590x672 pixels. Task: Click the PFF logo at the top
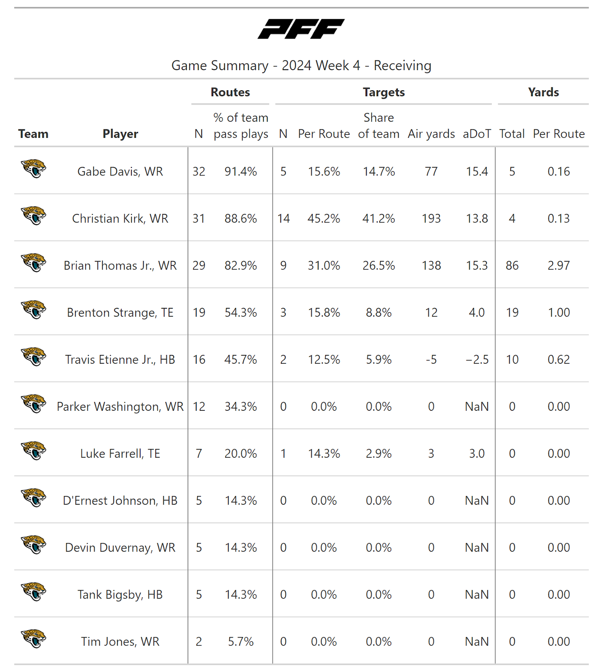coord(301,29)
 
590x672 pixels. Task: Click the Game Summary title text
coord(301,66)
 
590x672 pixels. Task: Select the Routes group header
coord(230,92)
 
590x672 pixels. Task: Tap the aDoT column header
coord(477,134)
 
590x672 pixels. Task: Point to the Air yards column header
coord(431,134)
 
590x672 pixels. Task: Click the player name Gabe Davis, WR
coord(120,171)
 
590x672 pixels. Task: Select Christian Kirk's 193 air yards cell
coord(431,218)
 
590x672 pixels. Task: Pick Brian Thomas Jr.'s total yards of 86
coord(512,265)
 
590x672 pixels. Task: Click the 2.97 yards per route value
coord(559,265)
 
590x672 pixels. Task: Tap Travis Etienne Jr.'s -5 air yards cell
coord(431,360)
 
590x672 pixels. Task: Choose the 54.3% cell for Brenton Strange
coord(240,312)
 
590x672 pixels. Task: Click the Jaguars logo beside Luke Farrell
coord(34,451)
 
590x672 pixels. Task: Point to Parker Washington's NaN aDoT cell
coord(477,407)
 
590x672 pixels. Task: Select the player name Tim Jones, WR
coord(120,642)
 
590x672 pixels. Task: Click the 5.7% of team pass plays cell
coord(240,642)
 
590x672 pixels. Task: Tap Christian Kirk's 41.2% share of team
coord(379,218)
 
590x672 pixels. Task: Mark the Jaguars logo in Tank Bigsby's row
coord(34,592)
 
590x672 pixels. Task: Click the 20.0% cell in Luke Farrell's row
coord(240,454)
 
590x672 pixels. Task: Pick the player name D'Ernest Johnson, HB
coord(120,501)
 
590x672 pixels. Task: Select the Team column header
coord(33,134)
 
